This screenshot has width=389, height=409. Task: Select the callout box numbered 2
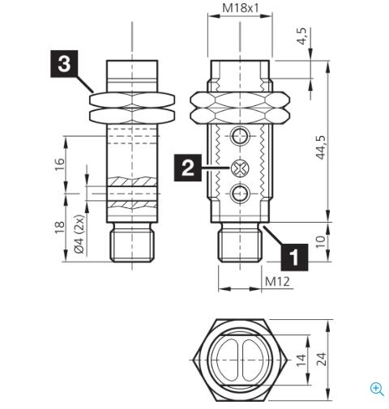coord(187,168)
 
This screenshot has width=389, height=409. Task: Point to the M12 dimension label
coord(278,282)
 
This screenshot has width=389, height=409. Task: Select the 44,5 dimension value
coord(322,148)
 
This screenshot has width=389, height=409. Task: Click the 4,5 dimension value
coord(302,36)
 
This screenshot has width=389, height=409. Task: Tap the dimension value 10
coord(322,241)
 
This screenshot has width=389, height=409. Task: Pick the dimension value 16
coord(58,164)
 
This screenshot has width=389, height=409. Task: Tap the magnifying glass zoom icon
coord(377,388)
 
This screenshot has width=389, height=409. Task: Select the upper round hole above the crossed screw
coord(239,135)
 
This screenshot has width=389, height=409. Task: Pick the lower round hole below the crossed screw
coord(239,192)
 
